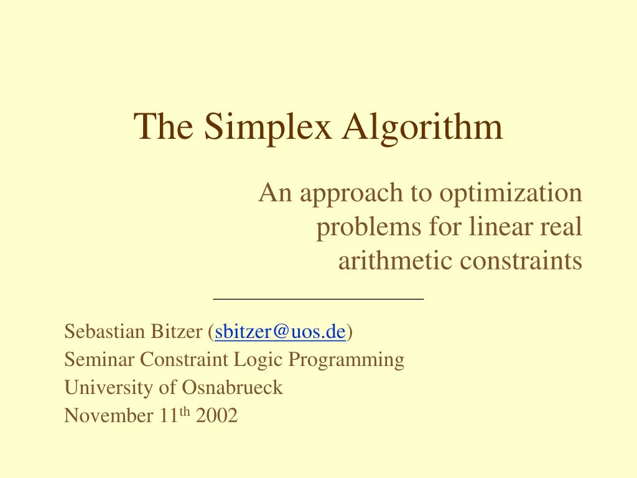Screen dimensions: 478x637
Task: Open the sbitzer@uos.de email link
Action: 280,332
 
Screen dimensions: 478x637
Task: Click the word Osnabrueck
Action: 232,388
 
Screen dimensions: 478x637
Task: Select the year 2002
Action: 216,415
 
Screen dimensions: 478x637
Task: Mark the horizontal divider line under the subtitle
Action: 318,299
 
